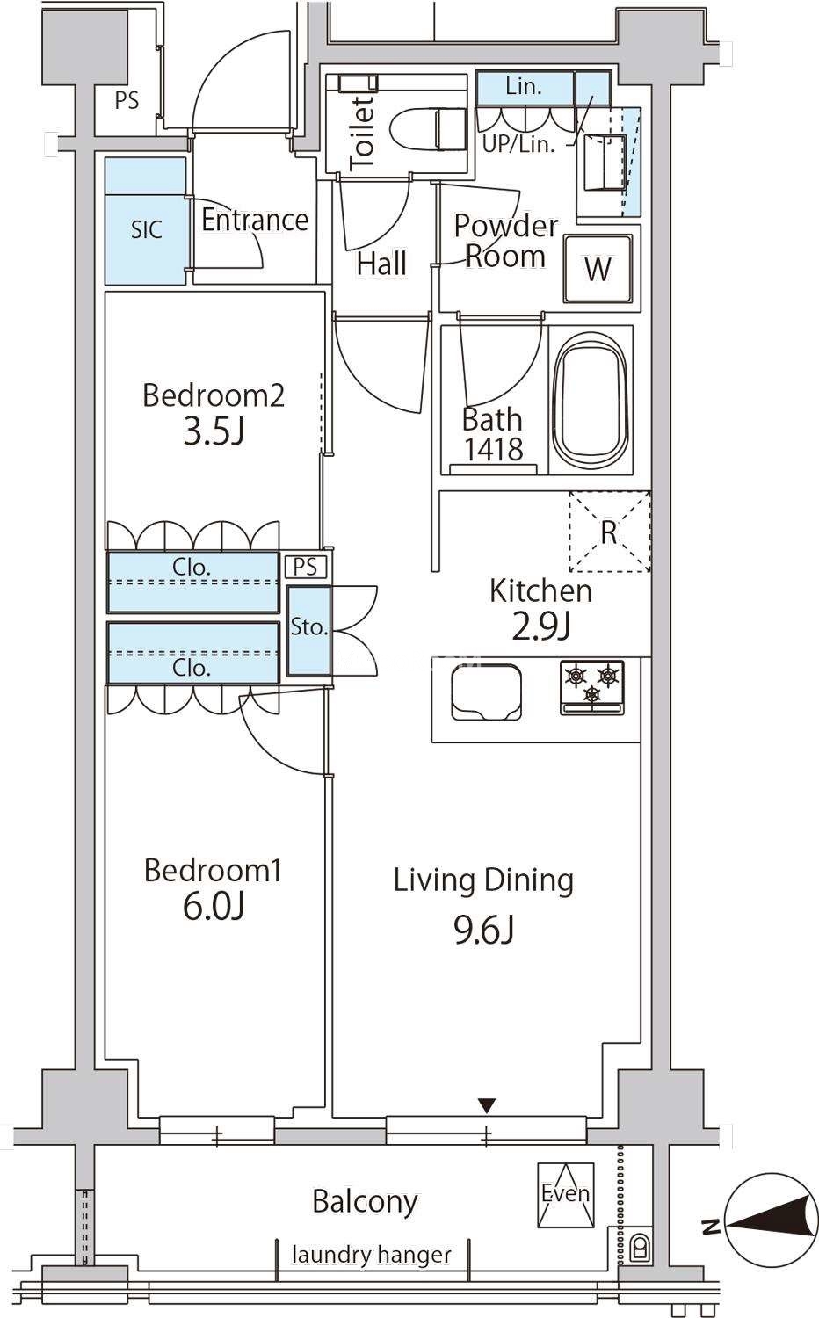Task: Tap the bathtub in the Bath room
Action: click(591, 400)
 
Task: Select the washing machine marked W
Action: click(598, 269)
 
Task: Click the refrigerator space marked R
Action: click(610, 532)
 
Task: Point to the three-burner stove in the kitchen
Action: click(592, 688)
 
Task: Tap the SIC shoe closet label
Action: click(147, 229)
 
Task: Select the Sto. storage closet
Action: click(309, 630)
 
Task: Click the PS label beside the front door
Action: click(127, 101)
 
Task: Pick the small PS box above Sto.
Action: click(305, 567)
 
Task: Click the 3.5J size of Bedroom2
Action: click(214, 432)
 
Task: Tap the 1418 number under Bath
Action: click(494, 450)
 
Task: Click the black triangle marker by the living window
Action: click(487, 1105)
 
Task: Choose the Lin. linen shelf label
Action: click(524, 87)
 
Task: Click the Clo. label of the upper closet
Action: click(192, 567)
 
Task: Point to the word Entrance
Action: click(255, 220)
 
